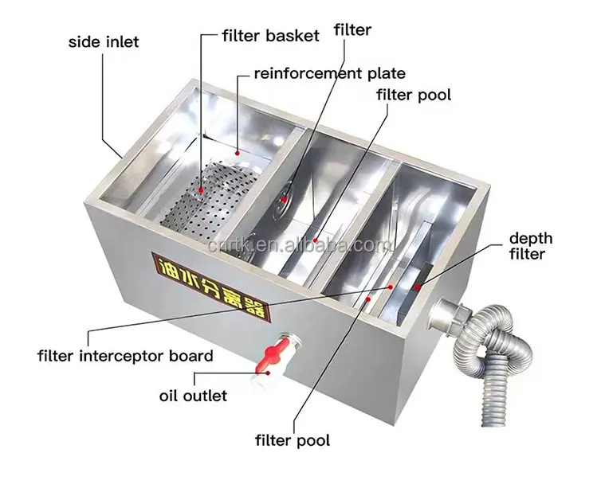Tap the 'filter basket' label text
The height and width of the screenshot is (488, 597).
tap(271, 37)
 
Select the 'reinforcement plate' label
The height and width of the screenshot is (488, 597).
tap(329, 74)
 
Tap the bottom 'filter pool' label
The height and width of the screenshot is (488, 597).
tap(292, 439)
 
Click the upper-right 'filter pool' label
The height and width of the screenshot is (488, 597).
tap(414, 96)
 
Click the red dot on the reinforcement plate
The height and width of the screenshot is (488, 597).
tap(236, 149)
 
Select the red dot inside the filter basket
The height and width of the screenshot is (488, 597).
tap(202, 191)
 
